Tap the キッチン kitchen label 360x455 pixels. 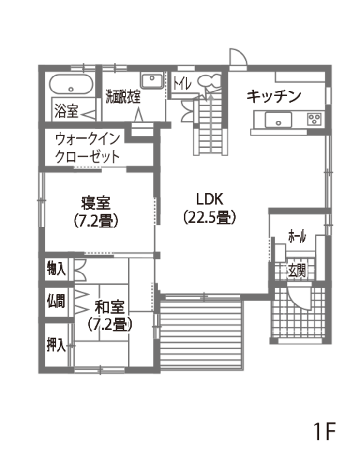(x=274, y=96)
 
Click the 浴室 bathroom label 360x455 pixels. (x=66, y=111)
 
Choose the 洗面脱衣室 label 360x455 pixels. (x=123, y=96)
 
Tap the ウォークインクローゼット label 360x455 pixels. (x=87, y=148)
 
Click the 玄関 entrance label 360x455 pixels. (x=297, y=271)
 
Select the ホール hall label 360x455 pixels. (x=297, y=237)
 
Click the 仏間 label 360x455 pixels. (x=56, y=301)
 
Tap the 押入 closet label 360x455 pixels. (x=56, y=345)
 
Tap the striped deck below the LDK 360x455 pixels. (x=203, y=334)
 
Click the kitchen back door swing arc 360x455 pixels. (x=239, y=57)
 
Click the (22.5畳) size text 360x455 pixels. (x=210, y=217)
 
